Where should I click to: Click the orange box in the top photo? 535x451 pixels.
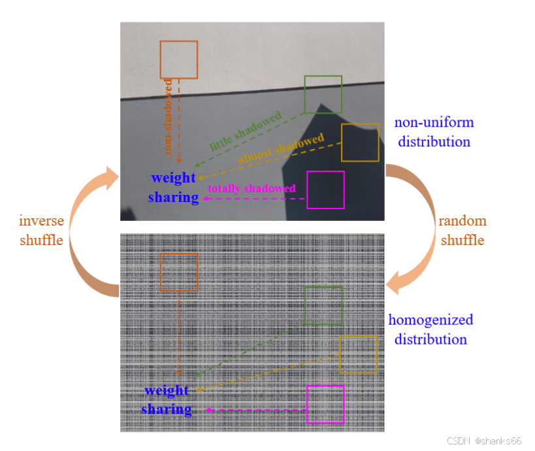pos(179,59)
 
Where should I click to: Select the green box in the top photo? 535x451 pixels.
pos(323,94)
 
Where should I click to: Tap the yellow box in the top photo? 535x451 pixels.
pos(360,142)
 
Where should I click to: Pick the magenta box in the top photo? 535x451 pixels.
pos(325,190)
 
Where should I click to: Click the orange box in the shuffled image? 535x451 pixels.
pos(179,272)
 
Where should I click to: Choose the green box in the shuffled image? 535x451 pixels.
pos(323,306)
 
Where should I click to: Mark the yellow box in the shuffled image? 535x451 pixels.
pos(359,354)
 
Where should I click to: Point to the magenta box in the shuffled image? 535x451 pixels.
pos(325,404)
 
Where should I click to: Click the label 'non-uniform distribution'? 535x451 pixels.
pos(434,132)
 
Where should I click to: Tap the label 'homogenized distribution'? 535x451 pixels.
pos(430,329)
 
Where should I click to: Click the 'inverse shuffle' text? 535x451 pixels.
pos(41,231)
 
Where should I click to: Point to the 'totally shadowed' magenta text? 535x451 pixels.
pos(251,188)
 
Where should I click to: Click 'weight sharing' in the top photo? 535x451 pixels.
pos(173,188)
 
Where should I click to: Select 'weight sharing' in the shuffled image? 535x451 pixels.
pos(167,400)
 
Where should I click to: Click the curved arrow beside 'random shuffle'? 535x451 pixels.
pos(413,222)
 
